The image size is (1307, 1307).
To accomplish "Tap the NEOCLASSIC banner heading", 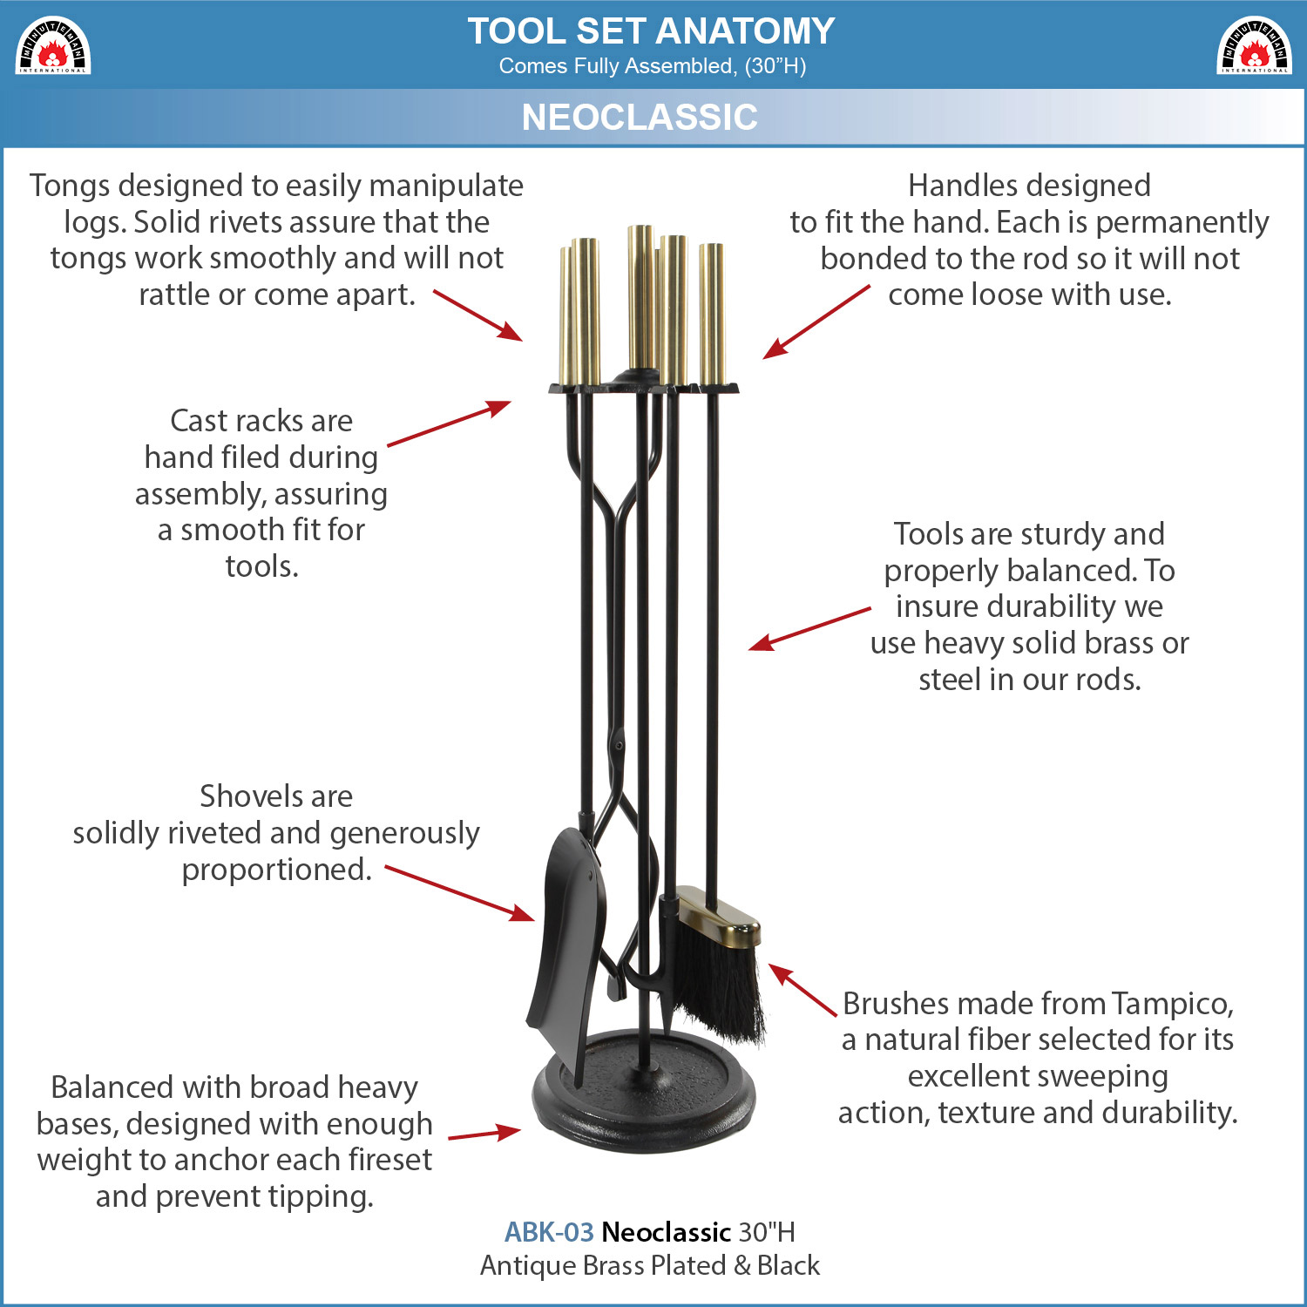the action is pyautogui.click(x=640, y=117).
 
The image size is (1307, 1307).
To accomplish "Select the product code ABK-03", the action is pyautogui.click(x=549, y=1232).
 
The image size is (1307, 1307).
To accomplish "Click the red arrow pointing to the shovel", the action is pyautogui.click(x=460, y=893).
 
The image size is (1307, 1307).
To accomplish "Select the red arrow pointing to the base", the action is pyautogui.click(x=484, y=1134).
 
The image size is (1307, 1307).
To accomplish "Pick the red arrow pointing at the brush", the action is pyautogui.click(x=802, y=990).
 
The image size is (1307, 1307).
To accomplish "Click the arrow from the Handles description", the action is pyautogui.click(x=816, y=322).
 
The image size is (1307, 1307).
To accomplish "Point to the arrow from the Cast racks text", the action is pyautogui.click(x=449, y=423).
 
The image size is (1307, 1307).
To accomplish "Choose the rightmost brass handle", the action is pyautogui.click(x=711, y=315).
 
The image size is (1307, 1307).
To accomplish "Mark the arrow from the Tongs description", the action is pyautogui.click(x=478, y=315).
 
